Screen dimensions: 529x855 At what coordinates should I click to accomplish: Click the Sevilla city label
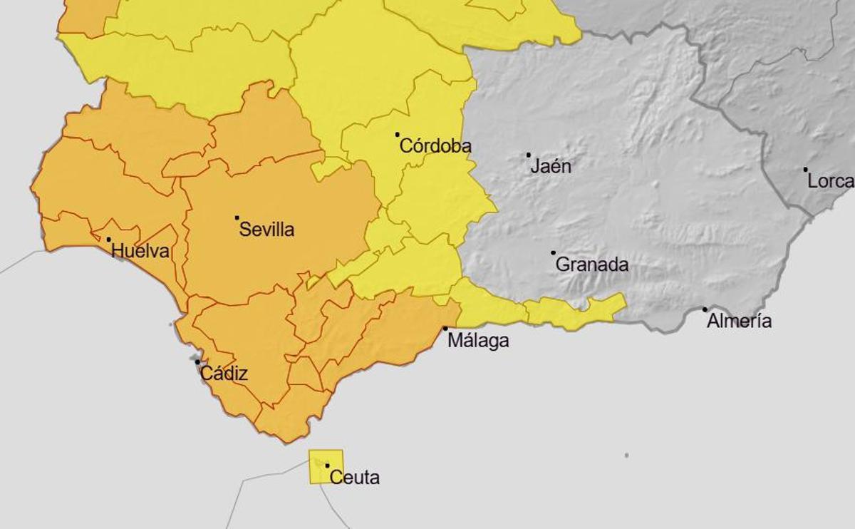click(266, 230)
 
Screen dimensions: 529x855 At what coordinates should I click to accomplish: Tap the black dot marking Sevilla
click(237, 217)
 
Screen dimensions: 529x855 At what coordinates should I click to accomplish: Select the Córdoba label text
click(435, 146)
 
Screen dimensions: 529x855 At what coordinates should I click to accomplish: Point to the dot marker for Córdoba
click(398, 134)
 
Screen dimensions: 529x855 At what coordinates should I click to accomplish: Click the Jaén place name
click(551, 167)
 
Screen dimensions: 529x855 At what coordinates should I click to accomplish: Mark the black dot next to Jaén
click(529, 155)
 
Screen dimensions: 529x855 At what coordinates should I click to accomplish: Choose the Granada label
click(591, 264)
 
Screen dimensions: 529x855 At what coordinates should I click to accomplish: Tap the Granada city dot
click(553, 252)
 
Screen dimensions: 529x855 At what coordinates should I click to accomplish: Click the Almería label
click(739, 322)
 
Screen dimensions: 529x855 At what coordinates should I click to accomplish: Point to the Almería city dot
click(705, 309)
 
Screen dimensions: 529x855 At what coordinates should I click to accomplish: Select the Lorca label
click(830, 182)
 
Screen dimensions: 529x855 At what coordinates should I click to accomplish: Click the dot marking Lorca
click(806, 170)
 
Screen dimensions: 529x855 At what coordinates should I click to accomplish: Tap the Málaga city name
click(478, 341)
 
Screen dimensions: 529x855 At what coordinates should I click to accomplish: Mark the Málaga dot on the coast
click(446, 329)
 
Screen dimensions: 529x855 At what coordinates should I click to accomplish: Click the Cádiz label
click(224, 374)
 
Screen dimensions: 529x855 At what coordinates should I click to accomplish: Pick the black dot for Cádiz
click(198, 362)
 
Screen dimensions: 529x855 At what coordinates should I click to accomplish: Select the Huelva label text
click(140, 251)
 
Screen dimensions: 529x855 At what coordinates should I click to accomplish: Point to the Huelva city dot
click(109, 240)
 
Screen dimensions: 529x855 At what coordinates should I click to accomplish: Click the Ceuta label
click(355, 478)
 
